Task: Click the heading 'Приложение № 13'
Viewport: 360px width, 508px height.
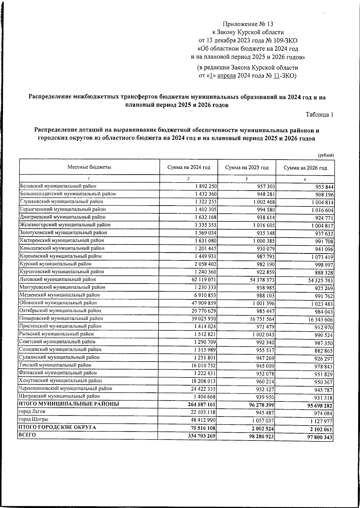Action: [x=248, y=24]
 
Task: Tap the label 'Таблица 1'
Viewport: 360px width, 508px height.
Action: [x=319, y=115]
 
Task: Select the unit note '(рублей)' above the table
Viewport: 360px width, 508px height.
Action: [x=326, y=155]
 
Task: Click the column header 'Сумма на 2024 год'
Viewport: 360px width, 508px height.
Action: [x=188, y=167]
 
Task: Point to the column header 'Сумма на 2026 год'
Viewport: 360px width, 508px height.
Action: [x=305, y=168]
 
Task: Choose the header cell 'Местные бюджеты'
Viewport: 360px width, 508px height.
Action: [x=89, y=167]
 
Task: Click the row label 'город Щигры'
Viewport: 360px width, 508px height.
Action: [x=34, y=419]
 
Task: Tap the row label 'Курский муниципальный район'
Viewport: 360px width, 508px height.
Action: [x=55, y=264]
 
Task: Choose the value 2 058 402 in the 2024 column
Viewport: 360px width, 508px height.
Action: [x=204, y=264]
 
